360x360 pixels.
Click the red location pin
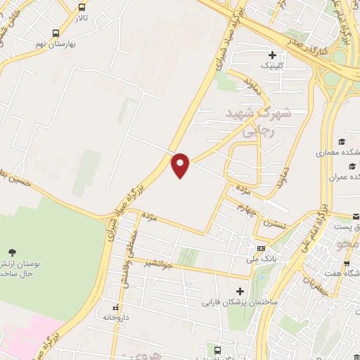(x=181, y=165)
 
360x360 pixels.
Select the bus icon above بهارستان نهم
(x=56, y=32)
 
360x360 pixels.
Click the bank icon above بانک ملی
(x=261, y=249)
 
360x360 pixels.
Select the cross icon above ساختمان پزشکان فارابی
(x=240, y=291)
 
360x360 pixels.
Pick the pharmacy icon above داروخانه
(x=117, y=307)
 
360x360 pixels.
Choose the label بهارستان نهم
(x=56, y=44)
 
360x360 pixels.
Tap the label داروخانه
(x=117, y=318)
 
